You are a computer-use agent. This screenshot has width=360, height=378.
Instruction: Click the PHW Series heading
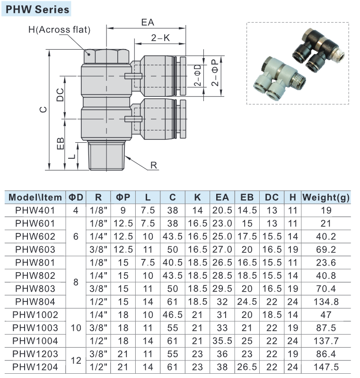coord(38,9)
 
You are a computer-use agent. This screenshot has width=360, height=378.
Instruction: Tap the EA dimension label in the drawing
coord(148,23)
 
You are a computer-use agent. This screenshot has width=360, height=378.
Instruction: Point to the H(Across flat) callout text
coord(59,29)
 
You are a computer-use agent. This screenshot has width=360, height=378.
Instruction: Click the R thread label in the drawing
coord(153,165)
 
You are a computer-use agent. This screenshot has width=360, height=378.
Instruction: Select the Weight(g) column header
coord(326,197)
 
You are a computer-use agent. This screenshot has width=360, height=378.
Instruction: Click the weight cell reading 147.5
coord(326,366)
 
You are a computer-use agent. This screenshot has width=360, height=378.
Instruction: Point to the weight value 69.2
coord(326,249)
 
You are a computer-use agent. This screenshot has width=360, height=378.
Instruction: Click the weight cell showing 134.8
coord(326,301)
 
